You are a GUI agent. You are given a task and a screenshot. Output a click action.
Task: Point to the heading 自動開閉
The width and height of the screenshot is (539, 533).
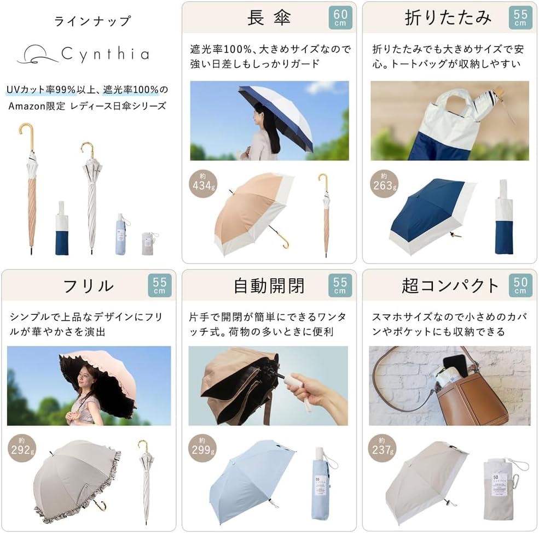click(x=269, y=285)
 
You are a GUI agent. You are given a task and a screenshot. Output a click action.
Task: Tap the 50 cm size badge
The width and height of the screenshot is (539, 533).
click(x=520, y=285)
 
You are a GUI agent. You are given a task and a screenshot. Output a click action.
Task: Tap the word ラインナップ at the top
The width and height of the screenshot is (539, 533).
click(x=92, y=22)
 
